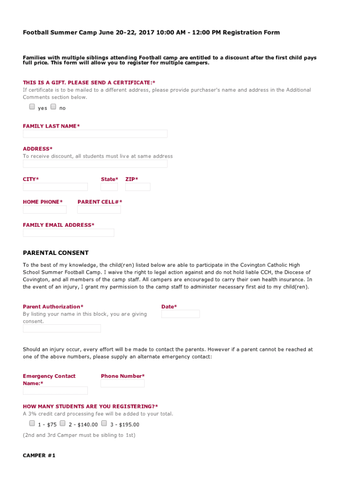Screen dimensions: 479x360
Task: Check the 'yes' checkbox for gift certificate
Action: (x=32, y=107)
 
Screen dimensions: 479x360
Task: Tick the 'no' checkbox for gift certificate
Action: (x=53, y=107)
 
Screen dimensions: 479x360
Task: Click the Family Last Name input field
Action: (x=95, y=134)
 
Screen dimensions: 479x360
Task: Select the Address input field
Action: (x=95, y=164)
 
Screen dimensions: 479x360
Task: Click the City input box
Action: (x=55, y=187)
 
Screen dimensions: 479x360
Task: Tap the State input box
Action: (x=109, y=187)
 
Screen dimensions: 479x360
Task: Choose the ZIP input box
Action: (x=138, y=187)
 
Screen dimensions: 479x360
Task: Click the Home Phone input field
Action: (x=45, y=210)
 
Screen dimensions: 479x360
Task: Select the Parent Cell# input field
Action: (x=99, y=210)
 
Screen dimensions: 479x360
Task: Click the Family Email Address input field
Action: (x=68, y=232)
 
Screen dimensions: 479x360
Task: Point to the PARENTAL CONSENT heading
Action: (x=56, y=253)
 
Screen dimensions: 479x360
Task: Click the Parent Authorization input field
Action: (x=62, y=328)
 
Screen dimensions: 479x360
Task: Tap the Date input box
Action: (x=180, y=314)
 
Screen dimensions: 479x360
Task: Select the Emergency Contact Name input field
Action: (x=55, y=391)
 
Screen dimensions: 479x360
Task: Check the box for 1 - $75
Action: (x=32, y=423)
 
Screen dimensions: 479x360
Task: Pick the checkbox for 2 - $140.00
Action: (x=63, y=423)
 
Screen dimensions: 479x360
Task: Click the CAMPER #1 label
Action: (x=39, y=456)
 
